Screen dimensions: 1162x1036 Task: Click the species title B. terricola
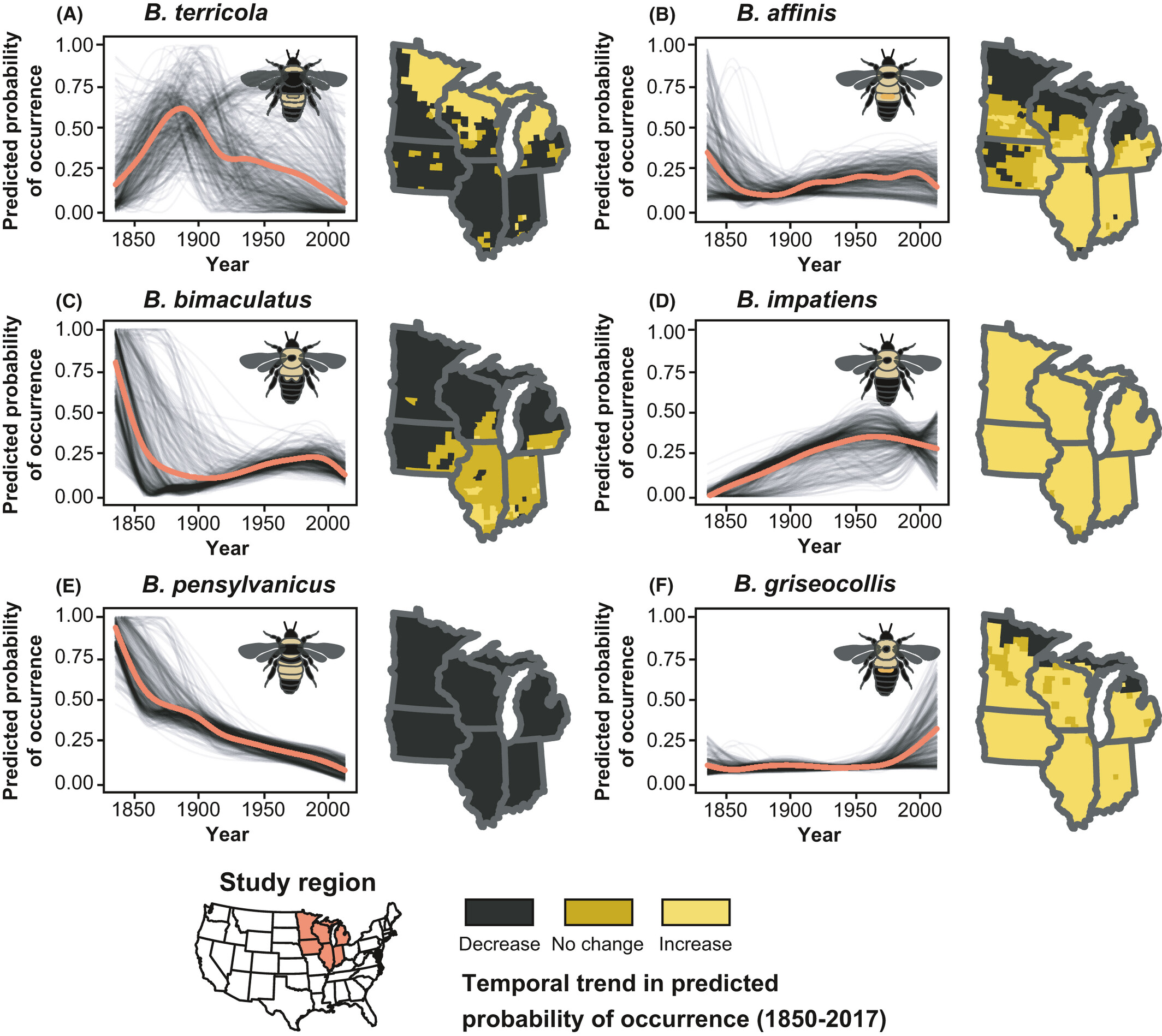click(205, 13)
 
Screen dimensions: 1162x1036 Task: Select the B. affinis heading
click(786, 13)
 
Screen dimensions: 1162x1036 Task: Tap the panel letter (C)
click(69, 301)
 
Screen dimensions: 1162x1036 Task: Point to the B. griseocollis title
click(815, 584)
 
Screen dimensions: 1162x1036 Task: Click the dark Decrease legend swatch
click(499, 912)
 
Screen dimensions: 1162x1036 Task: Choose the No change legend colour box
click(598, 912)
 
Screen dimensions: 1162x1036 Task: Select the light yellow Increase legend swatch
click(695, 912)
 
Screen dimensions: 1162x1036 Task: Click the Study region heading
click(297, 883)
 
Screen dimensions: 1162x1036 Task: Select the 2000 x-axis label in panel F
click(920, 809)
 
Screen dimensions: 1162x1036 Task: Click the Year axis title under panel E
click(227, 834)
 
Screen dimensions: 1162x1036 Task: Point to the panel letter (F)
click(662, 586)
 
